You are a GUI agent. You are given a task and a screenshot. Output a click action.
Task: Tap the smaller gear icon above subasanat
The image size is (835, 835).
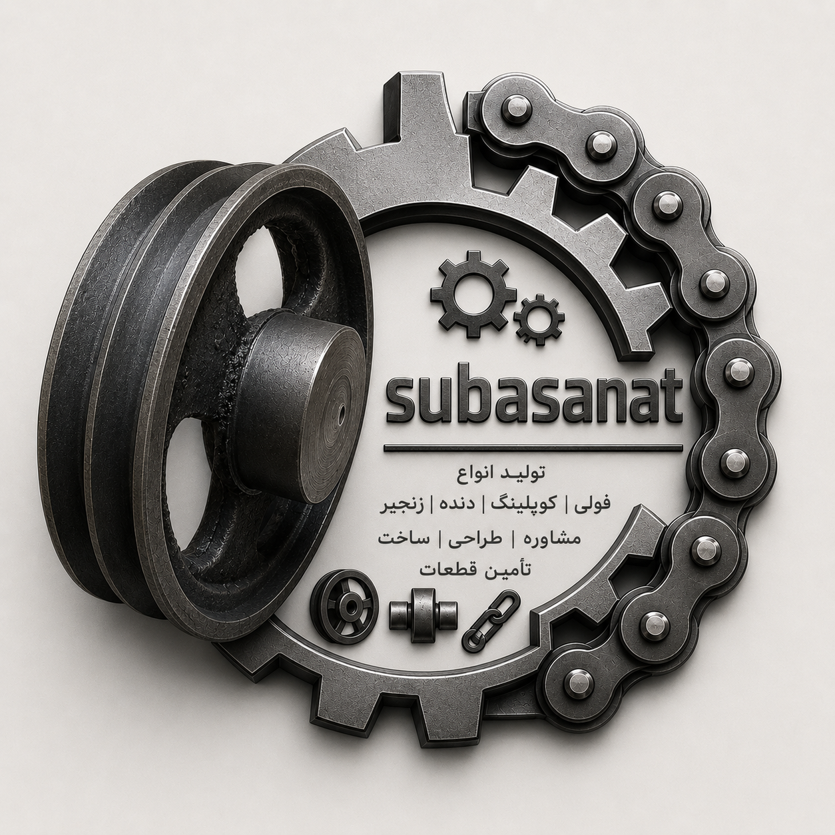539,320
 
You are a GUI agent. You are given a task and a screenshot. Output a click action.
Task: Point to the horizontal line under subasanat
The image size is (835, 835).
533,449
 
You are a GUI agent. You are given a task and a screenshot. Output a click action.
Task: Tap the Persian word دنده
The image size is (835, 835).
460,505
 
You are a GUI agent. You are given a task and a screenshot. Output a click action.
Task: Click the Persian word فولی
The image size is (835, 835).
592,505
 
